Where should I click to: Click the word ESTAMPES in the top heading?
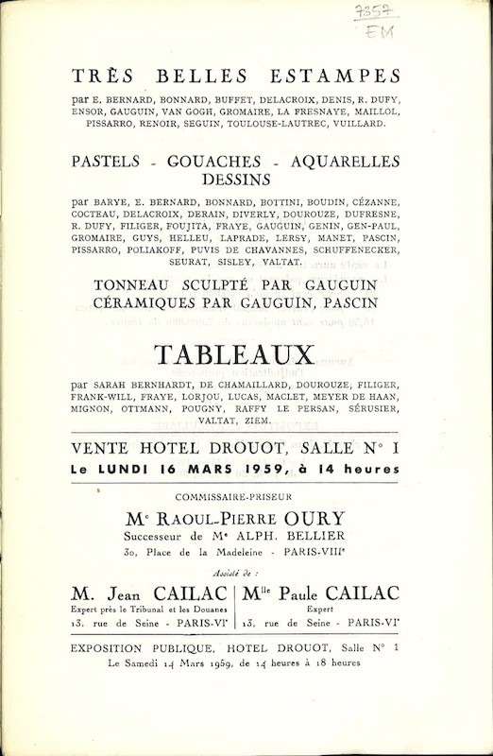[337, 77]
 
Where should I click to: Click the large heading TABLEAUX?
[235, 355]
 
